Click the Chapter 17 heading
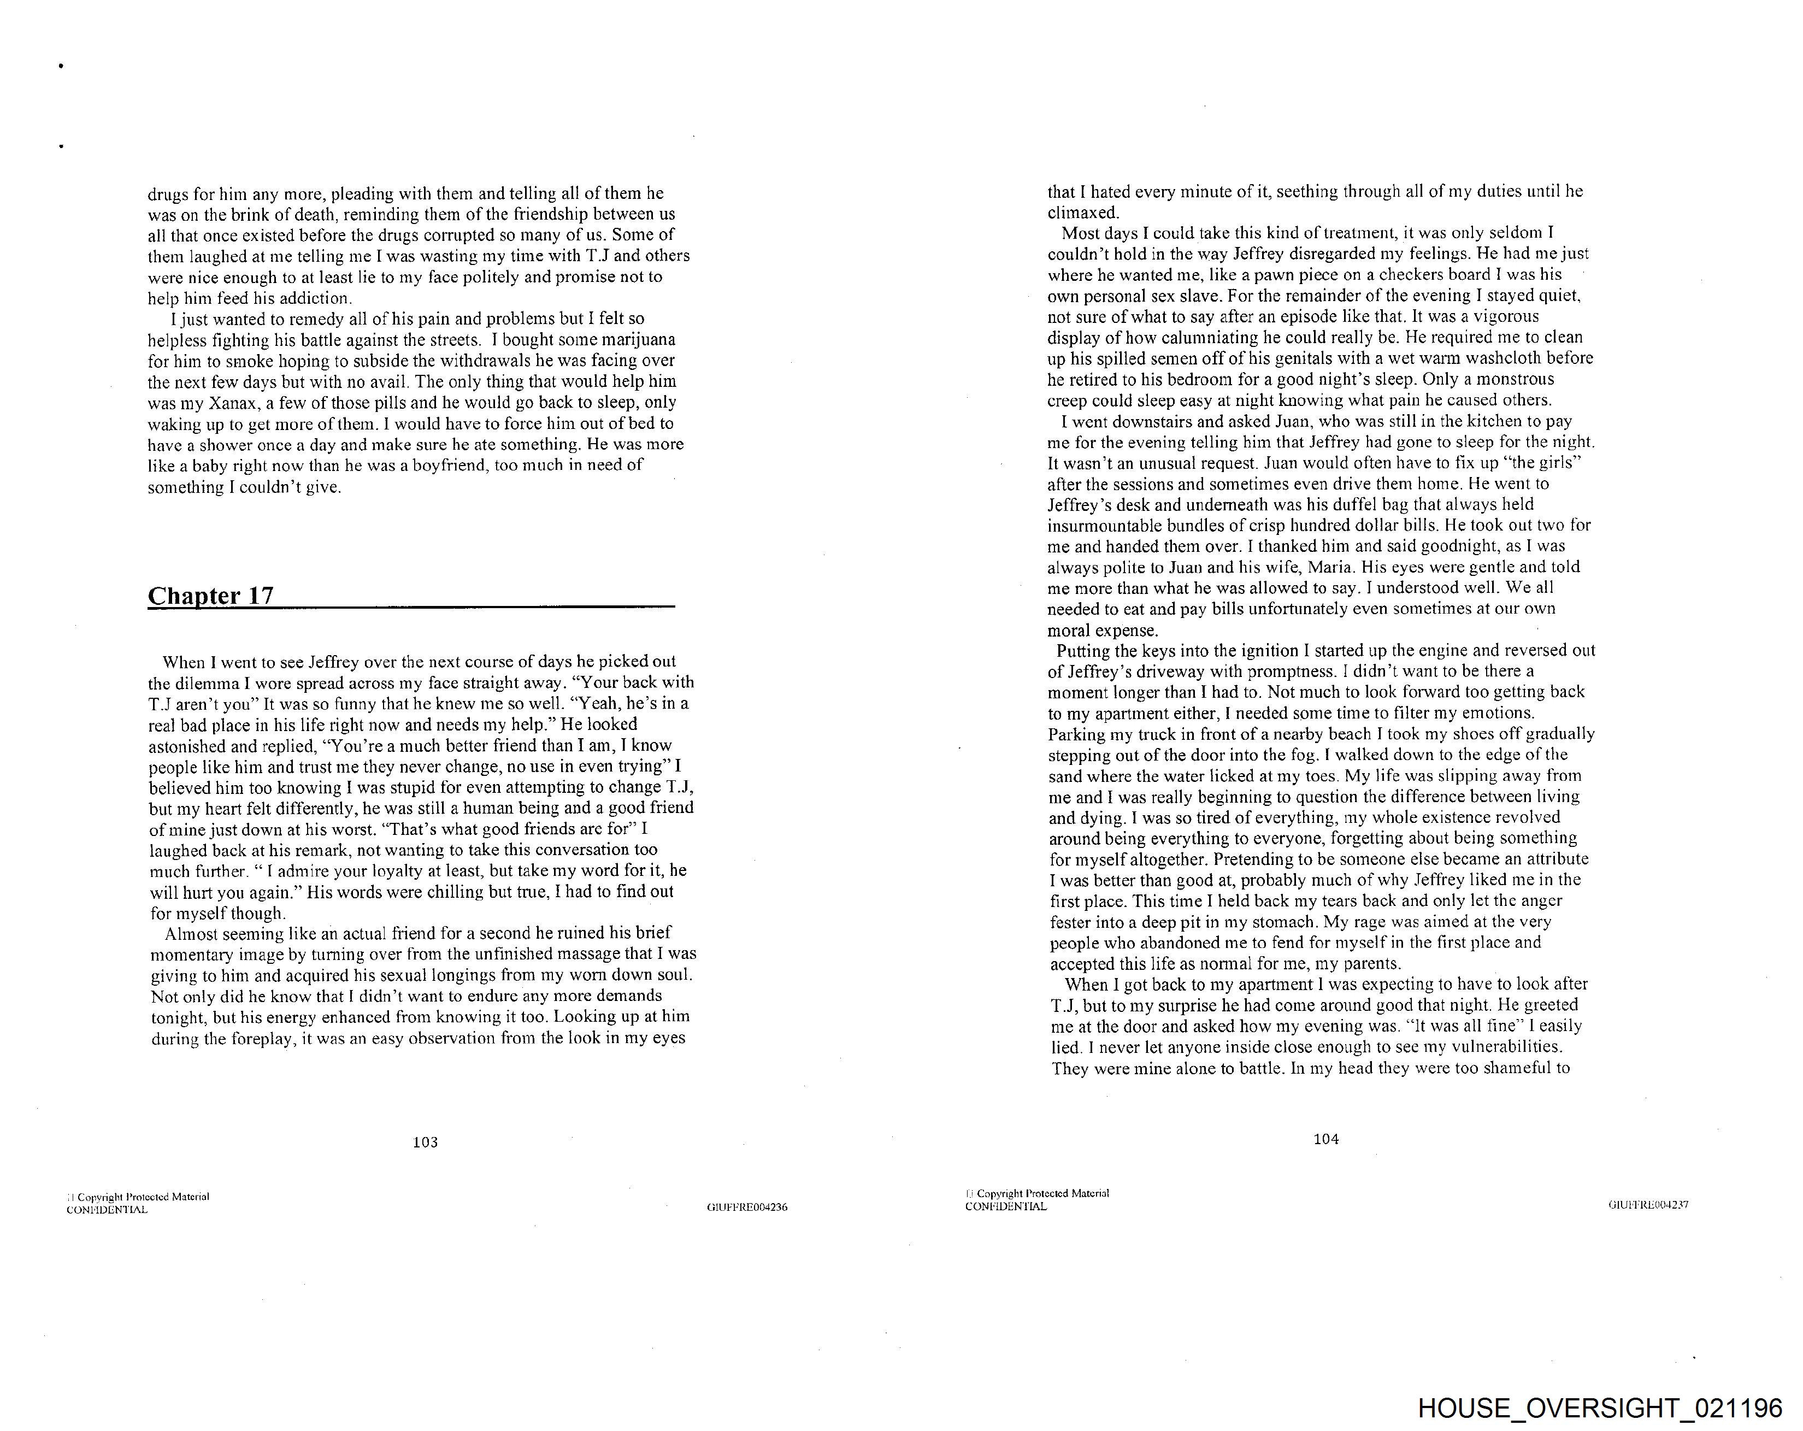211,596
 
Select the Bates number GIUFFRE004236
747,1207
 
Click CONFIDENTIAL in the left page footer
107,1209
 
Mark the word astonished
186,746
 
